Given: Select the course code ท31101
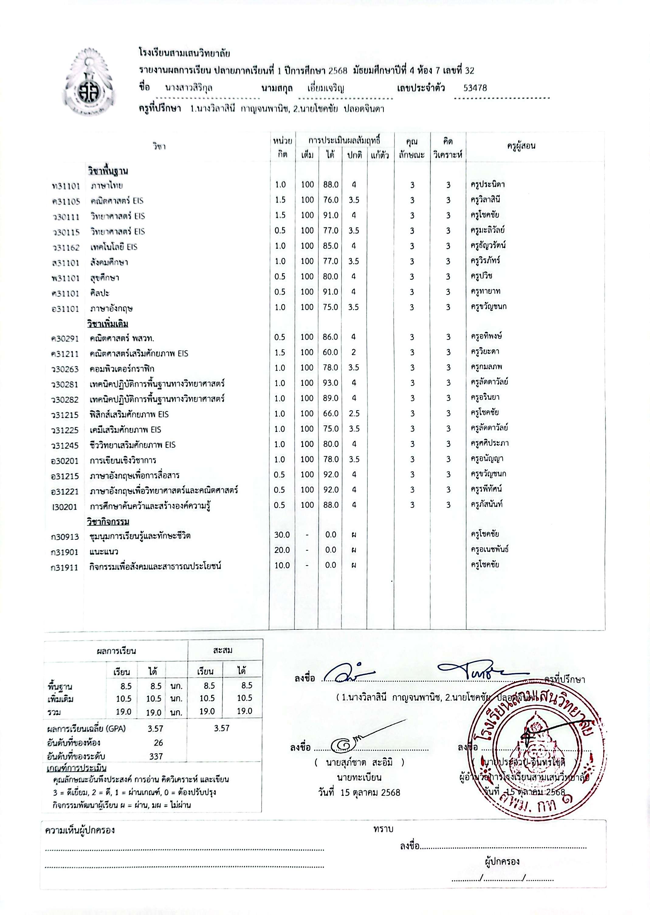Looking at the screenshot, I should pos(66,186).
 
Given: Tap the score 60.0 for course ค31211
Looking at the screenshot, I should pos(331,352).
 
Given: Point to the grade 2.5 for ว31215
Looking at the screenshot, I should pos(354,413).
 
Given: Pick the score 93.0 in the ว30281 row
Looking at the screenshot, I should pos(331,383).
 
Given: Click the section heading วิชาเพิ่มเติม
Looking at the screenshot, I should pos(108,324).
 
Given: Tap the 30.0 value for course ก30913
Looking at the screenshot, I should pos(282,535).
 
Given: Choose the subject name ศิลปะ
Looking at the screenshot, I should pos(100,293).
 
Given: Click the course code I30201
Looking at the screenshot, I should pos(64,507).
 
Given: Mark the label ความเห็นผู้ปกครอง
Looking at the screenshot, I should pos(80,830).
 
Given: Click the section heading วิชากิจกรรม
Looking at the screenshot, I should pos(108,522).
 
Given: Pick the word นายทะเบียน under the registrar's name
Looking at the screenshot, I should pos(359,777).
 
